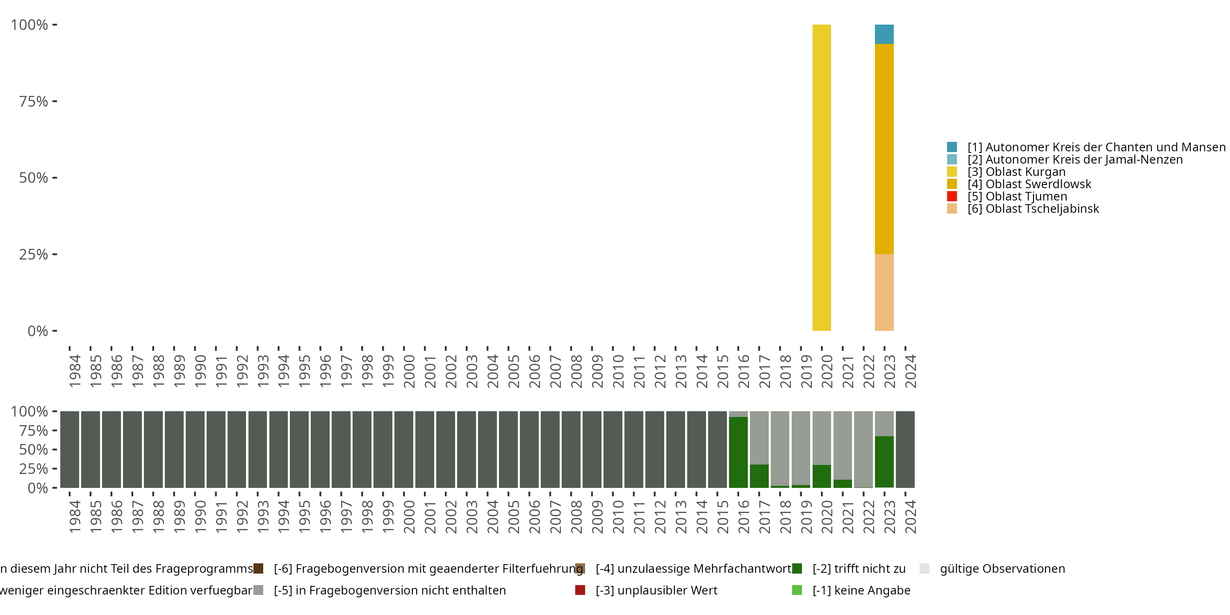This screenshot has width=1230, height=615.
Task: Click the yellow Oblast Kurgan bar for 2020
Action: tap(821, 178)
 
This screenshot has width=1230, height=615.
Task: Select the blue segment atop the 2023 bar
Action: tap(884, 34)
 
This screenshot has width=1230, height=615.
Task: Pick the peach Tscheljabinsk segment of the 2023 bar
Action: tap(884, 292)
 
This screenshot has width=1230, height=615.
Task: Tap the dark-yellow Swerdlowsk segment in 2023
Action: tap(884, 149)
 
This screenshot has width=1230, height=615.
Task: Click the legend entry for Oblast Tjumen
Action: tap(1026, 196)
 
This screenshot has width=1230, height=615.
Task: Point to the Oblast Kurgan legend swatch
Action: tap(952, 172)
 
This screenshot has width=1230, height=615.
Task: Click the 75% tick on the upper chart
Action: tap(34, 101)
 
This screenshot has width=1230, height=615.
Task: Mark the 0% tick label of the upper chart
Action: tap(37, 331)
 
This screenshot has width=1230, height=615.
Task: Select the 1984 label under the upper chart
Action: tap(75, 371)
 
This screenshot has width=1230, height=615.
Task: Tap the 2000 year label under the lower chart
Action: tap(409, 517)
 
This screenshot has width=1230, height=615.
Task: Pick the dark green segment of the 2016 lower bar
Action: tap(738, 452)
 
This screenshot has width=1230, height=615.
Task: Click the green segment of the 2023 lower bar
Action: tap(884, 462)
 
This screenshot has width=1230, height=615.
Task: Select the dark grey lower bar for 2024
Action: tap(905, 449)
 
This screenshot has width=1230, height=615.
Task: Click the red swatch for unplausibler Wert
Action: tap(580, 590)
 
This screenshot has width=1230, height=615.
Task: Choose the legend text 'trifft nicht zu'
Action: tap(859, 569)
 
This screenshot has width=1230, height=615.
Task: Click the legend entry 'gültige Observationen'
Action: tap(1002, 569)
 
